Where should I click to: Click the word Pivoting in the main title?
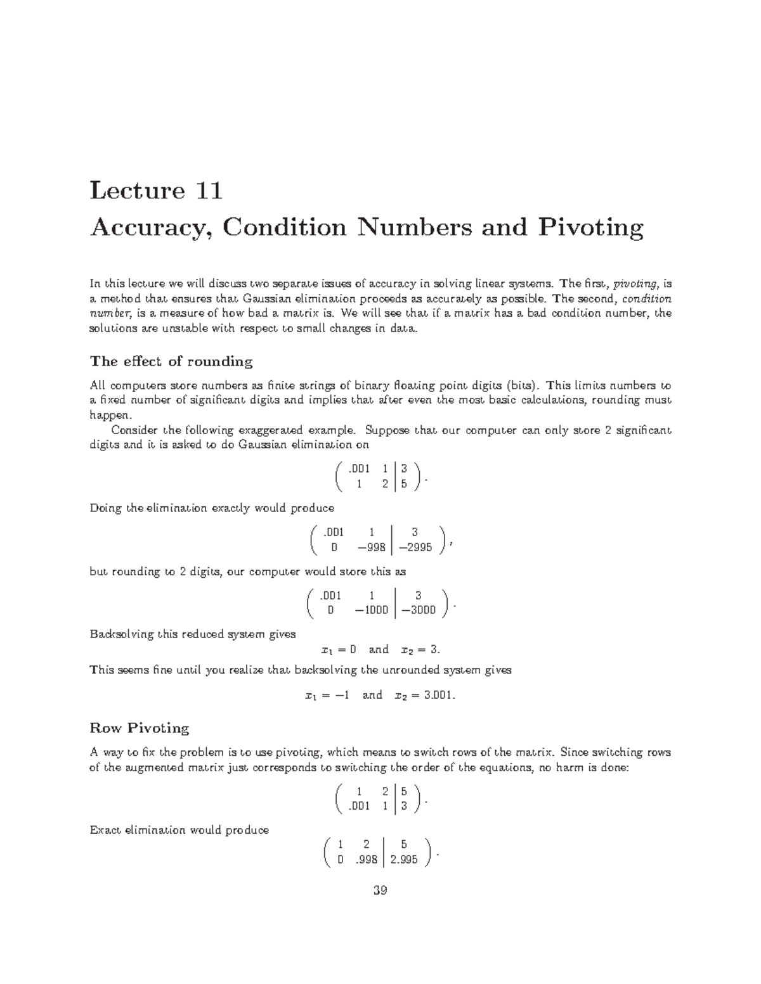tap(590, 227)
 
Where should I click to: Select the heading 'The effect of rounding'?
tap(171, 361)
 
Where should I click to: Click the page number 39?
tap(380, 890)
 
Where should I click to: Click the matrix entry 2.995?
tap(404, 860)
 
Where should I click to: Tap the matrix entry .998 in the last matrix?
tap(367, 860)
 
